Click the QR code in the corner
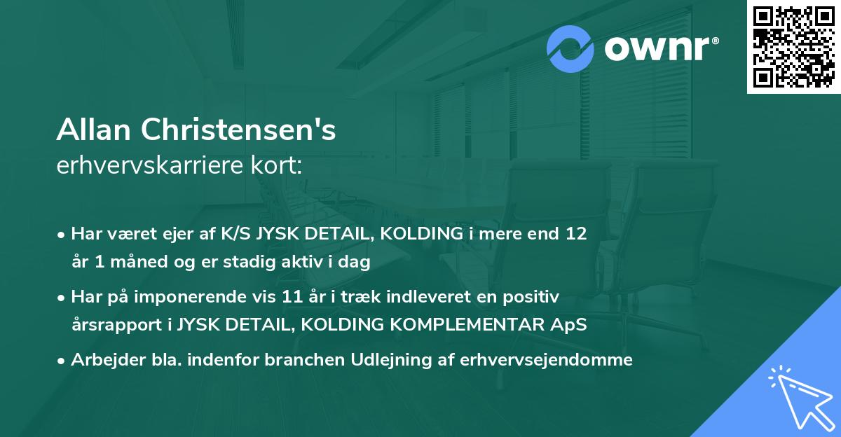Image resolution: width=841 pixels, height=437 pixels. tap(793, 47)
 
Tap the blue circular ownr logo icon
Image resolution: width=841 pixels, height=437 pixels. tap(571, 48)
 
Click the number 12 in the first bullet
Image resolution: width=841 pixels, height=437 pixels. tap(577, 234)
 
